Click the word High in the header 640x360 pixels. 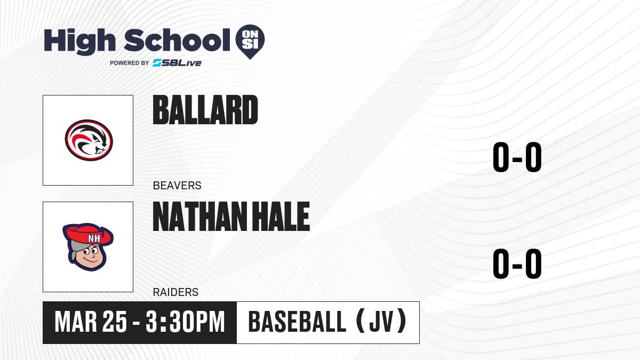point(80,41)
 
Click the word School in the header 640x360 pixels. point(177,40)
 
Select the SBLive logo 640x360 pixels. point(177,63)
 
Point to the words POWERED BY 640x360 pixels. point(130,63)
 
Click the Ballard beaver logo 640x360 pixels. point(89,140)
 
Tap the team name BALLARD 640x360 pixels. point(205,110)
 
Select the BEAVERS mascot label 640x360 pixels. point(177,186)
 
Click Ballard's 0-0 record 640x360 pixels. point(517,157)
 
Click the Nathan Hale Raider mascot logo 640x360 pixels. point(88,247)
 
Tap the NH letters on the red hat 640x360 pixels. point(94,238)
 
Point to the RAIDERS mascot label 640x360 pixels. point(175,292)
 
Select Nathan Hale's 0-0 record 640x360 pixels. point(517,263)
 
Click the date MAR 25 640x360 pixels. point(91,322)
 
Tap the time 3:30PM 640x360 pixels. point(185,322)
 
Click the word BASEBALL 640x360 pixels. point(298,322)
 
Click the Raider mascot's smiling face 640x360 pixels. point(91,255)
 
